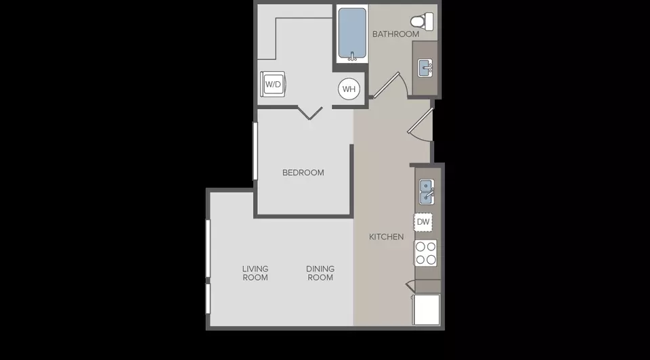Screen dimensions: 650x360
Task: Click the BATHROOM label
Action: tap(395, 34)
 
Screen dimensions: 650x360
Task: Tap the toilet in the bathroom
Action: tap(422, 21)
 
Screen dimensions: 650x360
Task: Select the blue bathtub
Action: tap(352, 34)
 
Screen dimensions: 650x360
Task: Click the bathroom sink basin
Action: tap(425, 68)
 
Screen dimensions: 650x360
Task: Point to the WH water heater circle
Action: tap(349, 89)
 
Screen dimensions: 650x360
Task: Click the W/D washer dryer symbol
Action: tap(273, 84)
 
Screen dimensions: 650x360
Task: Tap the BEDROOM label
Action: tap(303, 173)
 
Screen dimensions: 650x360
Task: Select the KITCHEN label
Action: tap(387, 237)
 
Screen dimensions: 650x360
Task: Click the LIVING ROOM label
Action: tap(255, 273)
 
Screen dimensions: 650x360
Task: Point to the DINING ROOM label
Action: tap(320, 273)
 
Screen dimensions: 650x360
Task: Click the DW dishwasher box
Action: tap(422, 222)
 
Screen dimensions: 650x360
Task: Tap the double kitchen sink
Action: tap(427, 192)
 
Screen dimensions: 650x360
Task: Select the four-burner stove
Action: tap(425, 253)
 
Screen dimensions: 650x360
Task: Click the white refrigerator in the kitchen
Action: tap(426, 309)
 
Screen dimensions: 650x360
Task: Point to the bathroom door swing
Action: tap(390, 86)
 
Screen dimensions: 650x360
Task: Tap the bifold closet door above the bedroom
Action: tap(310, 113)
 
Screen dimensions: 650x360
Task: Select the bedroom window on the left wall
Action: tap(255, 151)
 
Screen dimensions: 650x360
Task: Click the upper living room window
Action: tap(208, 248)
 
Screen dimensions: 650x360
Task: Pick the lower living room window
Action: tap(208, 298)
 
